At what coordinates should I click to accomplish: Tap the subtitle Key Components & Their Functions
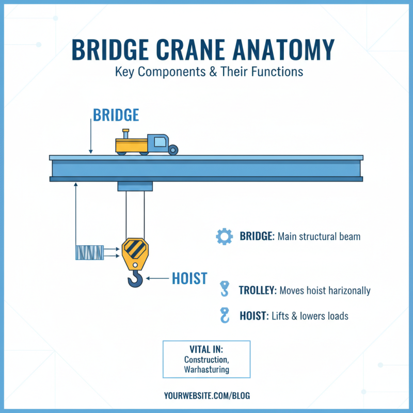click(209, 72)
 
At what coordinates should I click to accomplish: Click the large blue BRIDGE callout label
click(116, 115)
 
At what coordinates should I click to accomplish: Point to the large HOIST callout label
click(189, 279)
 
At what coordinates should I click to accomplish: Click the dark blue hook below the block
click(135, 279)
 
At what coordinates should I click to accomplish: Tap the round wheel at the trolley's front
click(173, 150)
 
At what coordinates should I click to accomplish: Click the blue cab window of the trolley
click(160, 140)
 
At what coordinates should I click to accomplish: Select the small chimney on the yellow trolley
click(125, 133)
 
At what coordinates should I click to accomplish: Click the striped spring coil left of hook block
click(89, 252)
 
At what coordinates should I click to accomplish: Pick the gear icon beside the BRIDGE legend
click(224, 237)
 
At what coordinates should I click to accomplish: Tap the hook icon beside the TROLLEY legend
click(224, 289)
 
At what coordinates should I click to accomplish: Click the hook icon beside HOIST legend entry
click(224, 315)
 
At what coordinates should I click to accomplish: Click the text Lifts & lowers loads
click(310, 316)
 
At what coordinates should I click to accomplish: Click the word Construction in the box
click(206, 359)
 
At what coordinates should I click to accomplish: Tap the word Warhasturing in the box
click(206, 370)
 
